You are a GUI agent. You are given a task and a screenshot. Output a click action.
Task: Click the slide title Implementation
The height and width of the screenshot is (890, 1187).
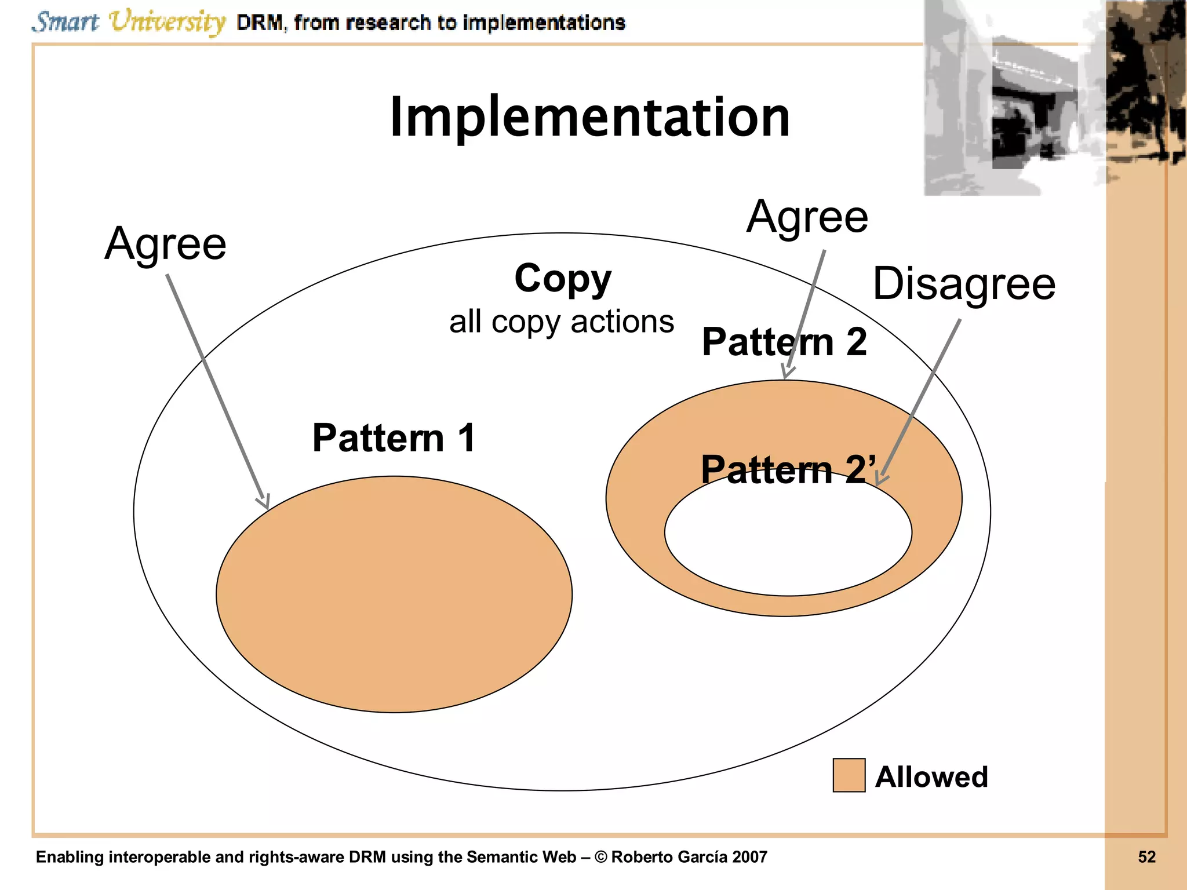589,118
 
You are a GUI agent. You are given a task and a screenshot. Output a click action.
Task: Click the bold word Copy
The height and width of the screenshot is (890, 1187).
563,279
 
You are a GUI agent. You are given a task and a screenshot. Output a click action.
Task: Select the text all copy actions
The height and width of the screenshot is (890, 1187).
561,322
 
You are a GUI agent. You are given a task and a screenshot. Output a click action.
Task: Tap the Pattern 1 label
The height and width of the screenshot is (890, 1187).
394,438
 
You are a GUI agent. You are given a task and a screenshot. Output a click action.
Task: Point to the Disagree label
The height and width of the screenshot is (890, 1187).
964,284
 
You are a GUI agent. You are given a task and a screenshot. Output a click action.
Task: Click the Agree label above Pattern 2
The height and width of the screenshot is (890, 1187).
807,217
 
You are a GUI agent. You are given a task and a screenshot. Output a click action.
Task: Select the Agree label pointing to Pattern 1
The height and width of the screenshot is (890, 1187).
166,244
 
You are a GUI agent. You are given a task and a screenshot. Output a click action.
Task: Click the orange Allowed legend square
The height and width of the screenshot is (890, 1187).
849,775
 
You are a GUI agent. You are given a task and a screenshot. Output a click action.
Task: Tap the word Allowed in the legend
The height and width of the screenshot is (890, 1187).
931,777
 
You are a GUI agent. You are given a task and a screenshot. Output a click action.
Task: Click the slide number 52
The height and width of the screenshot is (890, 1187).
1146,857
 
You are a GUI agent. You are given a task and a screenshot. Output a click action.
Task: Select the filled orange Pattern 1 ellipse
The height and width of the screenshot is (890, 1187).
394,597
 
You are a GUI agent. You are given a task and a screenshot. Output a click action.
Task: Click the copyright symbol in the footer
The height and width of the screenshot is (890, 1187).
601,857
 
